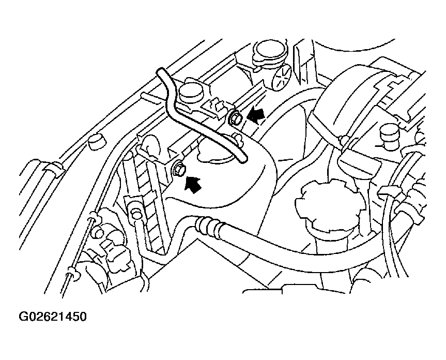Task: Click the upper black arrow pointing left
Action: coord(256,116)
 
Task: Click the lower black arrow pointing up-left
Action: coord(193,184)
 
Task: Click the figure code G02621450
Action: coord(52,317)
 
